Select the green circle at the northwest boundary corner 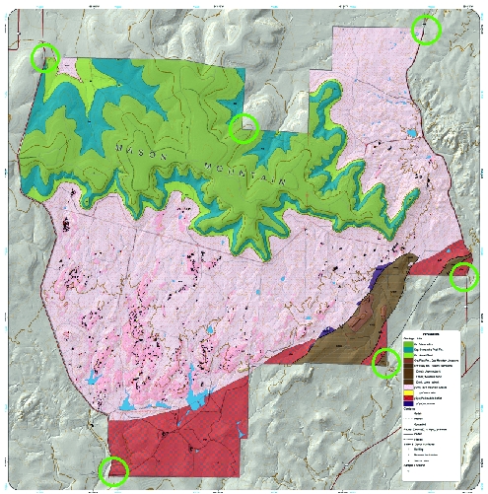click(44, 57)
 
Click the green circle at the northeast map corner click(425, 30)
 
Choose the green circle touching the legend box click(385, 363)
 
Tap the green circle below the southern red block click(115, 472)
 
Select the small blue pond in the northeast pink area click(410, 131)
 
